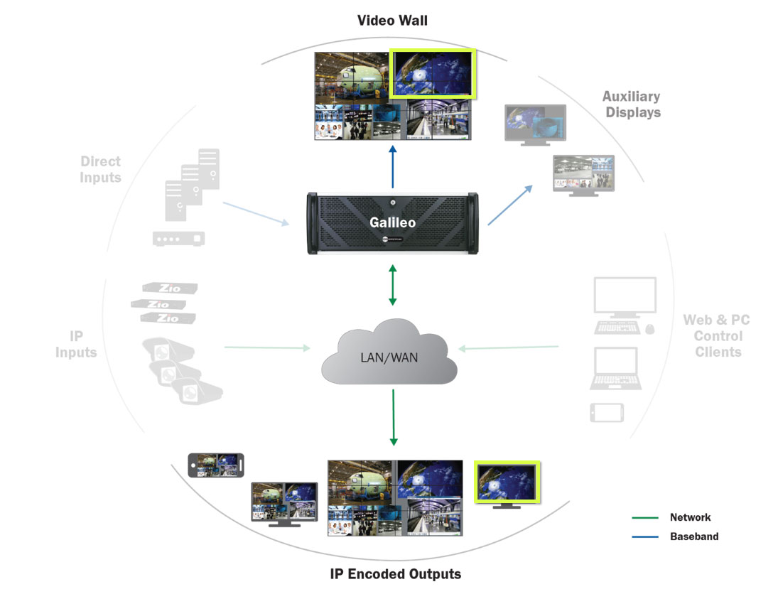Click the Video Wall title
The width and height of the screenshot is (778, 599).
392,21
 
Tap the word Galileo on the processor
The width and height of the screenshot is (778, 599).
392,222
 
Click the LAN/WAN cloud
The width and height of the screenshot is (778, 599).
389,352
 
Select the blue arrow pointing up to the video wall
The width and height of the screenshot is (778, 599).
392,167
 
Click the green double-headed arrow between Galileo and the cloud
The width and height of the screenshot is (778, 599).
392,285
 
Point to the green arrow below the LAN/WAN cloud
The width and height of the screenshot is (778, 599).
394,417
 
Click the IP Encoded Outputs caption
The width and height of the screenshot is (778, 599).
396,574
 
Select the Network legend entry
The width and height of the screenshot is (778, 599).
671,517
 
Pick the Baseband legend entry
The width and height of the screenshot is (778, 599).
675,536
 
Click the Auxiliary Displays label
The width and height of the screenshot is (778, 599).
632,104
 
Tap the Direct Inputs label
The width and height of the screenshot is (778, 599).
100,169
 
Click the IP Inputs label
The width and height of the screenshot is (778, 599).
76,344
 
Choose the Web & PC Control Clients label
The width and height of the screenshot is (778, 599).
717,336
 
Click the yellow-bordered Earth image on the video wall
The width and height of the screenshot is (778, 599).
432,73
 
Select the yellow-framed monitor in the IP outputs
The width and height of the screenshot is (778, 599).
507,485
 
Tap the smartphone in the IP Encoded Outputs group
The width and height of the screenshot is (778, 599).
216,465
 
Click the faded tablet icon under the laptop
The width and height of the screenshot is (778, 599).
607,412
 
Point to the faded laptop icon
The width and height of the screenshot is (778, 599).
616,368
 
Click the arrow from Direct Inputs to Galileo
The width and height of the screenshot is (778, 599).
256,214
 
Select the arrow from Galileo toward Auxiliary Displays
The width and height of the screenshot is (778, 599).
510,205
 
